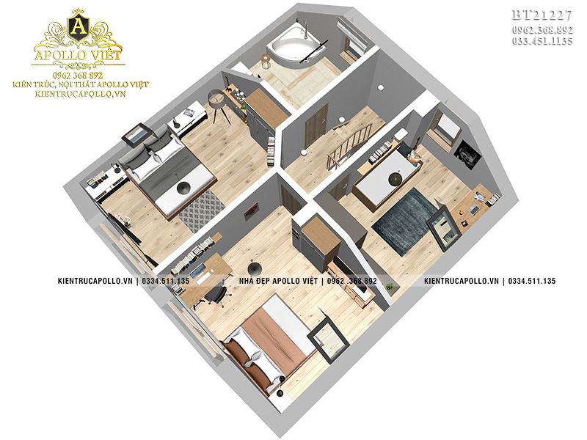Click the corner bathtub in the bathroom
coord(296,48)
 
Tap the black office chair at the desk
coord(214,296)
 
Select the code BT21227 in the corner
coord(542,15)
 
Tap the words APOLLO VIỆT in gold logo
coord(78,54)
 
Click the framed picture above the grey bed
coord(136,133)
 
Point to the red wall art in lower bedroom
coord(251,210)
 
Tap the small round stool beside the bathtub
coord(266,62)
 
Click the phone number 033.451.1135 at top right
coord(542,41)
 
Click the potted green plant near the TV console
coord(391,287)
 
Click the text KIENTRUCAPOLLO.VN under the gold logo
coord(81,94)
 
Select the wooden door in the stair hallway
coord(316,125)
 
